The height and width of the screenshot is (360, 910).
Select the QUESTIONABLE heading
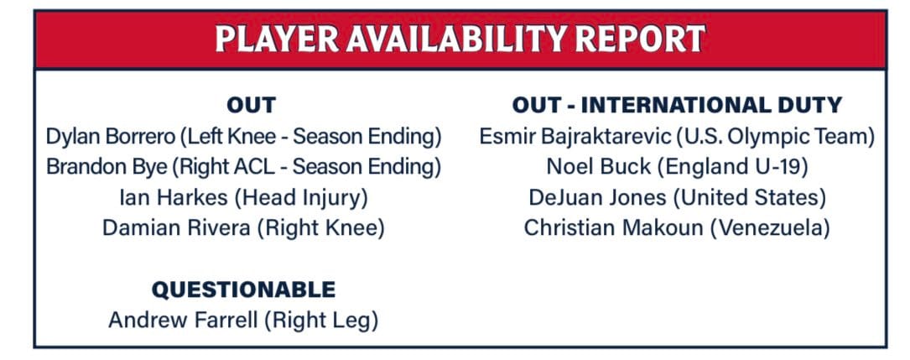click(244, 290)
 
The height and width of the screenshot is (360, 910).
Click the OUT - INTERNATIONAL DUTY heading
click(677, 105)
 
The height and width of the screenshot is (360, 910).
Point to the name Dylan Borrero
click(110, 137)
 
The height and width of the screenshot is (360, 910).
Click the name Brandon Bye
click(107, 167)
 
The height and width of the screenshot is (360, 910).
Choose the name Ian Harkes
click(174, 198)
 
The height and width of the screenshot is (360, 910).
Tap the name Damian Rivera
click(176, 227)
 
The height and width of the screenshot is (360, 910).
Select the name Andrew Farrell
click(183, 320)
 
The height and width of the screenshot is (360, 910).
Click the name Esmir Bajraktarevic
click(575, 137)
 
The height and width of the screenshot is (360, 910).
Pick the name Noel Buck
click(599, 167)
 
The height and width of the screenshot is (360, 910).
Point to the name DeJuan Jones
click(598, 198)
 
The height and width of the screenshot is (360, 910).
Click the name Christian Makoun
click(613, 227)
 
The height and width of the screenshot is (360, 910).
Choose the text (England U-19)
click(733, 168)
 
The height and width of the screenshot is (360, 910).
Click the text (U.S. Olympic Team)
click(775, 138)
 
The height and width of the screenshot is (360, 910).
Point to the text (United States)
click(750, 198)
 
